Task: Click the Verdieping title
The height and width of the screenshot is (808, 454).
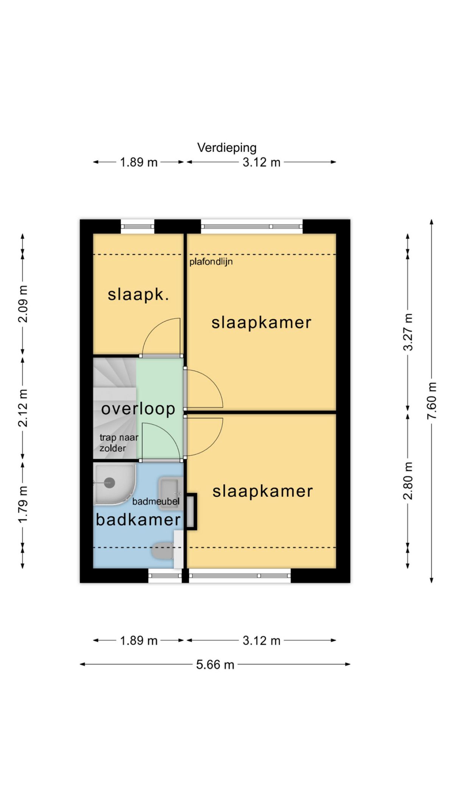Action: click(227, 148)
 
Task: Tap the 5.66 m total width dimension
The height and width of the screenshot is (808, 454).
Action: click(215, 664)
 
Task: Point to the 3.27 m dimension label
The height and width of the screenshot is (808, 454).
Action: click(408, 332)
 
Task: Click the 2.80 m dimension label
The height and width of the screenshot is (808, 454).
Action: click(408, 481)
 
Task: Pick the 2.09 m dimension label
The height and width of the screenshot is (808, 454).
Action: click(23, 304)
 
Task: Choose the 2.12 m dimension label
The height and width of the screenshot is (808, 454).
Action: click(23, 408)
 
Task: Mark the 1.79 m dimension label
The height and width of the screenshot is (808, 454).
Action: click(23, 504)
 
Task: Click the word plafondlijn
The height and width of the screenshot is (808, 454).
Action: click(211, 262)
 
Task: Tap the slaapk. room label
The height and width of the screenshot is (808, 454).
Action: click(138, 294)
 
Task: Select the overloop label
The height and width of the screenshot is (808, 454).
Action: click(138, 409)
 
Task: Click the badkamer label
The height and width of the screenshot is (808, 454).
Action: click(138, 519)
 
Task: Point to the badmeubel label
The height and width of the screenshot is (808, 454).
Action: click(156, 502)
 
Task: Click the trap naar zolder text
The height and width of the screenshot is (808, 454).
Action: click(119, 443)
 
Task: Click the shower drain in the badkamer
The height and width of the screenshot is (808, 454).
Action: click(109, 482)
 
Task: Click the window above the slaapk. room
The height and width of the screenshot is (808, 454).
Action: click(138, 227)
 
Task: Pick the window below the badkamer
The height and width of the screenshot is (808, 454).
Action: click(165, 576)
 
